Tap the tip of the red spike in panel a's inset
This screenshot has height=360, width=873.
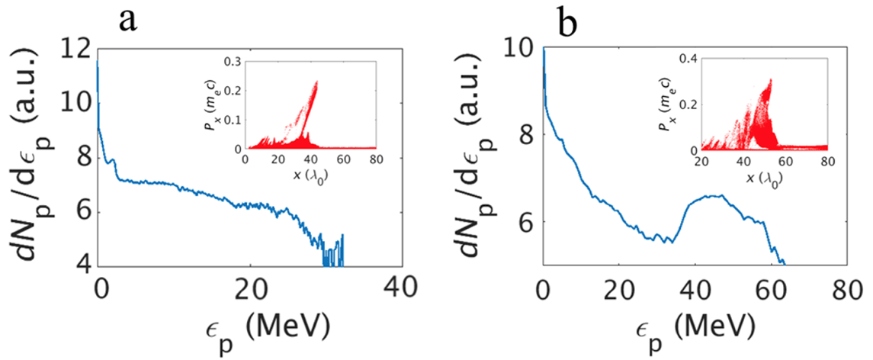(316, 81)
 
